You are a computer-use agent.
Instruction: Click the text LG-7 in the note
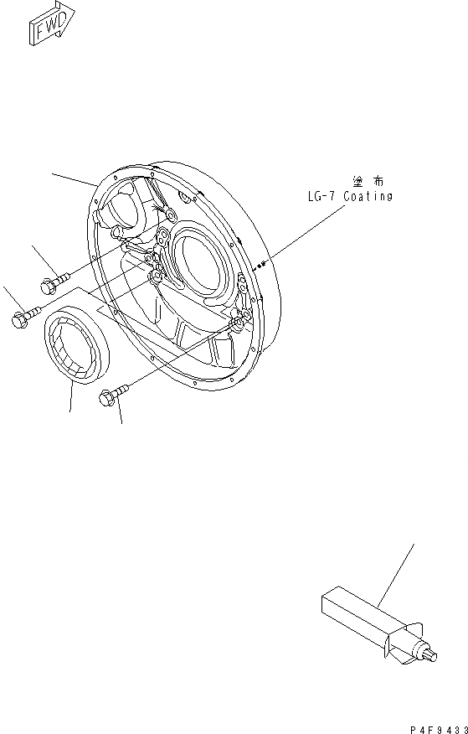tap(321, 197)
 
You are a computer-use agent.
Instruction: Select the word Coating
tap(368, 197)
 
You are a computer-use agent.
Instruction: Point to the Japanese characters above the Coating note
tap(368, 182)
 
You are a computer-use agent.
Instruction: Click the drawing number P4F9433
tap(439, 729)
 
